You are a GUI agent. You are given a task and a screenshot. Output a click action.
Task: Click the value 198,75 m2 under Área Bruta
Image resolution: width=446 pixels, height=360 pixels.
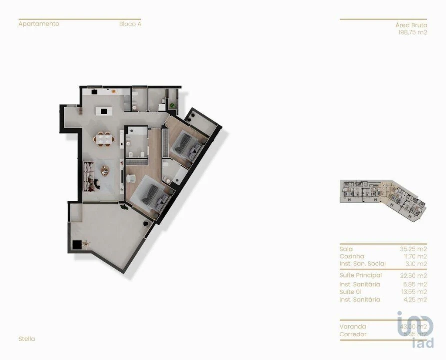point(412,32)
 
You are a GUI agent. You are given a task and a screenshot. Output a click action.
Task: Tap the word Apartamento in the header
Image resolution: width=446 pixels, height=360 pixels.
point(39,24)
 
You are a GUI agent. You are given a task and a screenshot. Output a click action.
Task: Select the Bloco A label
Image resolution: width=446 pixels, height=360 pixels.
point(130,24)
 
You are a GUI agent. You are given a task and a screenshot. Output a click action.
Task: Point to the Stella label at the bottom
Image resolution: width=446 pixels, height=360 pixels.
point(27,339)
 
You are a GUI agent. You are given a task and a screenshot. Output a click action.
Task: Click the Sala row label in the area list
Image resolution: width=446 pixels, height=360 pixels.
point(346,249)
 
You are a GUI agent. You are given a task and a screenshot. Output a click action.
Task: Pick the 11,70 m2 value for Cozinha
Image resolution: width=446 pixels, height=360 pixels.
point(415,256)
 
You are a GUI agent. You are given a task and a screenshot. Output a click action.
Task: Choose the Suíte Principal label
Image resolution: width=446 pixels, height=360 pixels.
point(360,275)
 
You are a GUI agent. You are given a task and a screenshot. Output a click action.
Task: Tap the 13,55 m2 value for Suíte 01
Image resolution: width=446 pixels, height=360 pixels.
point(415,292)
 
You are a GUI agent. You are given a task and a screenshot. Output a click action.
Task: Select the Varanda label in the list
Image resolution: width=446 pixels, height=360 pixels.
point(352,327)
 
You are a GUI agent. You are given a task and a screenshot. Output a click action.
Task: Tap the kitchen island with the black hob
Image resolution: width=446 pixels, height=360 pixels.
point(104,111)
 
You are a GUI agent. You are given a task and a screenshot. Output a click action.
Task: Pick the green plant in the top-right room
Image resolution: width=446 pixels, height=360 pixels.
point(173,105)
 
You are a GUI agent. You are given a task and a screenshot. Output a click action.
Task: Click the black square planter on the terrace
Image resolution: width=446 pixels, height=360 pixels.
point(77,244)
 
